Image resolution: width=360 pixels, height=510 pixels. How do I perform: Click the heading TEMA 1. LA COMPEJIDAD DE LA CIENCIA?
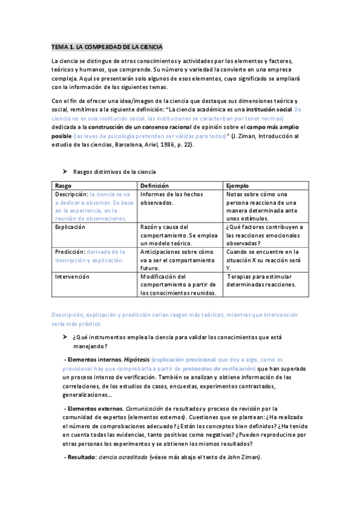tap(107, 46)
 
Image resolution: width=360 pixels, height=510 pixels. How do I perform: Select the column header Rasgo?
tap(63, 186)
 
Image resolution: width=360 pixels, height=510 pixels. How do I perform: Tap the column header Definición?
tap(154, 186)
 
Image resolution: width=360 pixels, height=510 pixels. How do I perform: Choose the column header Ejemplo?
tap(238, 186)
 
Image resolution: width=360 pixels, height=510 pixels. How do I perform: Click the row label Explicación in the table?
tap(70, 227)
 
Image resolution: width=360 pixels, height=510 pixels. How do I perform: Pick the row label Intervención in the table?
tap(72, 276)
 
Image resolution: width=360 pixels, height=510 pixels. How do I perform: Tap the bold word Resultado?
tap(82, 458)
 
